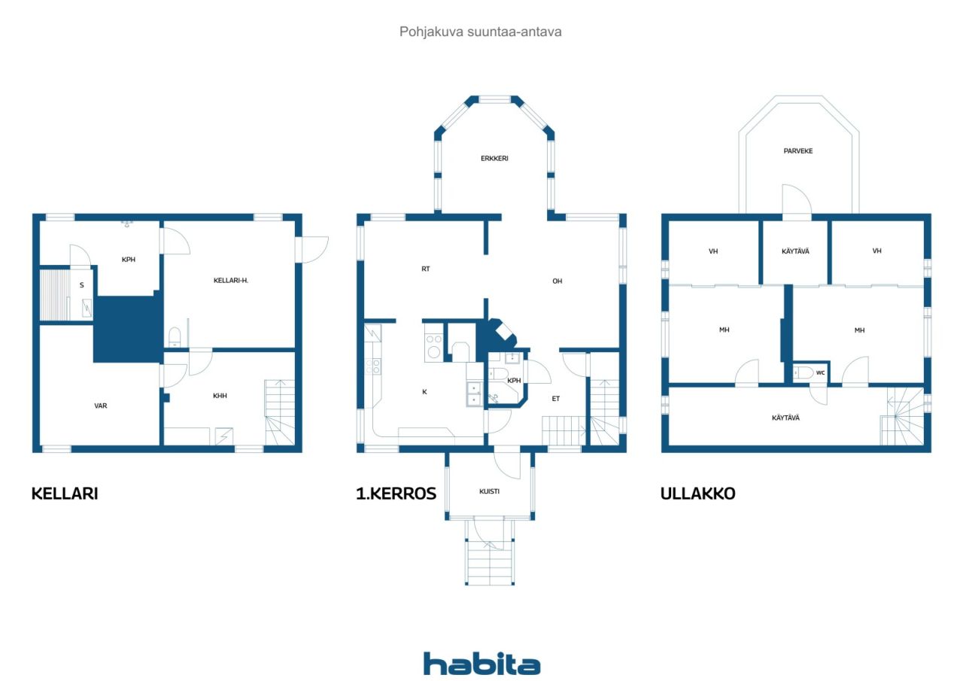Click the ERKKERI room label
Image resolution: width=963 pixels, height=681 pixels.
point(494,158)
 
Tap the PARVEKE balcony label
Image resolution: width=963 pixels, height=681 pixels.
point(798,151)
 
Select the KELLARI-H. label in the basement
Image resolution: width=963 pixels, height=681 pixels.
point(231,281)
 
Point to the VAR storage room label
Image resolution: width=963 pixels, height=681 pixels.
point(101,406)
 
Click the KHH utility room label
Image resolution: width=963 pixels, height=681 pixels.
point(220,396)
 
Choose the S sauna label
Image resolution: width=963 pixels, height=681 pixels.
point(82,285)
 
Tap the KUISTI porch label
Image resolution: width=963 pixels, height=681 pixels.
point(489,491)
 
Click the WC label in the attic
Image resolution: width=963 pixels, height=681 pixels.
point(820,372)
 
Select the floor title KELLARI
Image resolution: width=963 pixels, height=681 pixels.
point(65,493)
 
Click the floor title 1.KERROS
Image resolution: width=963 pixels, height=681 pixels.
point(396,493)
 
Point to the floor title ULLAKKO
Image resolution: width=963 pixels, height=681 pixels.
point(697,493)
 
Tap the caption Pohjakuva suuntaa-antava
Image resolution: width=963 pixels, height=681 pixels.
point(480,32)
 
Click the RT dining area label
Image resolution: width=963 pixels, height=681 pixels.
point(426,269)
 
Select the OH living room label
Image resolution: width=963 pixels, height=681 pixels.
point(557,281)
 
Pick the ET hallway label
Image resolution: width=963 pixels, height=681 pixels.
point(556,399)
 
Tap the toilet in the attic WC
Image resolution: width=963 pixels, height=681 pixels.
point(803,372)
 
